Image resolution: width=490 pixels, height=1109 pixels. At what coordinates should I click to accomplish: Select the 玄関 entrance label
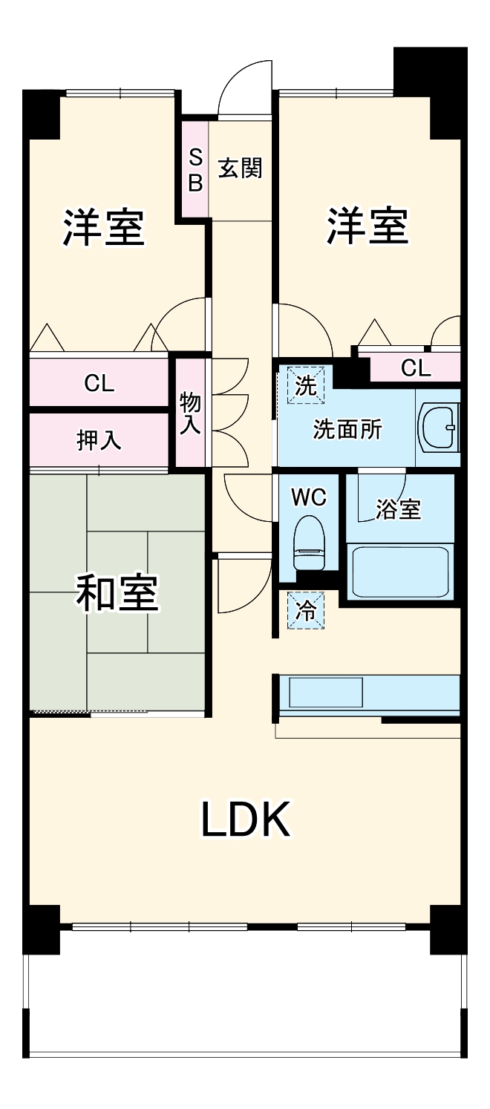pyautogui.click(x=240, y=169)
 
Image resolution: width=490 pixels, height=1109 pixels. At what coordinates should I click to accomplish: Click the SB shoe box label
pyautogui.click(x=195, y=170)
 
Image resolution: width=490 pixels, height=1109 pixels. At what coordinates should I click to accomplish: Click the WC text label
pyautogui.click(x=308, y=497)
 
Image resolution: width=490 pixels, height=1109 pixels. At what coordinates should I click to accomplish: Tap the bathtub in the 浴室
pyautogui.click(x=401, y=572)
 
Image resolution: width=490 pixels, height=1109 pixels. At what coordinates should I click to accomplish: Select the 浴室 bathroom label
pyautogui.click(x=399, y=509)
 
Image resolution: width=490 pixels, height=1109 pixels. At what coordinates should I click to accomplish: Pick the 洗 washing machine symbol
pyautogui.click(x=306, y=385)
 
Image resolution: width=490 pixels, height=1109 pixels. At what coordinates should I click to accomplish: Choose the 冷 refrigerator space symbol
pyautogui.click(x=306, y=610)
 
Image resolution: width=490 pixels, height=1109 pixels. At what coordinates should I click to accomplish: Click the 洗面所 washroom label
pyautogui.click(x=347, y=429)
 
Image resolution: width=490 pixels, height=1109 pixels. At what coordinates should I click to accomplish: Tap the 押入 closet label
pyautogui.click(x=99, y=440)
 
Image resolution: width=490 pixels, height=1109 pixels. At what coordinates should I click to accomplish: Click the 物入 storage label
pyautogui.click(x=190, y=414)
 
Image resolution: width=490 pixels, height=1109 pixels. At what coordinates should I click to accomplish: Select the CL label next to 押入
pyautogui.click(x=99, y=383)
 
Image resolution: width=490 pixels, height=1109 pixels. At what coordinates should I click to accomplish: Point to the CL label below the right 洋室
pyautogui.click(x=414, y=367)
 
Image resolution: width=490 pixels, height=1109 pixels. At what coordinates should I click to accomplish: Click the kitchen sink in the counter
pyautogui.click(x=326, y=693)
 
